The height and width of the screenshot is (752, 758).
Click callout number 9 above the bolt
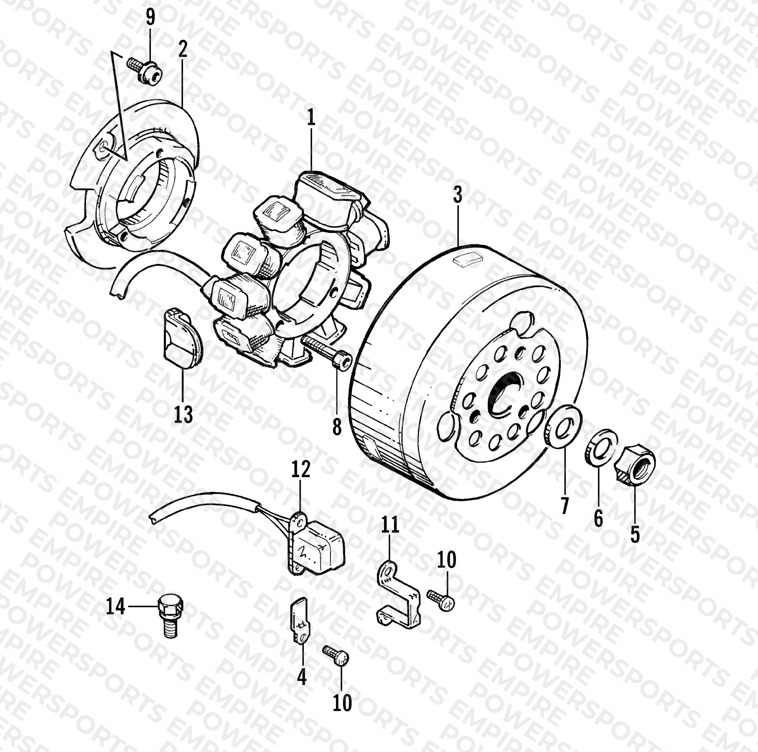click(x=150, y=17)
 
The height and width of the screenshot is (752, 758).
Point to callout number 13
click(x=183, y=414)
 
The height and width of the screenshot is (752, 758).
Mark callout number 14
click(x=116, y=606)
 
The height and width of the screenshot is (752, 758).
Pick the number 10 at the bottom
click(x=342, y=703)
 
